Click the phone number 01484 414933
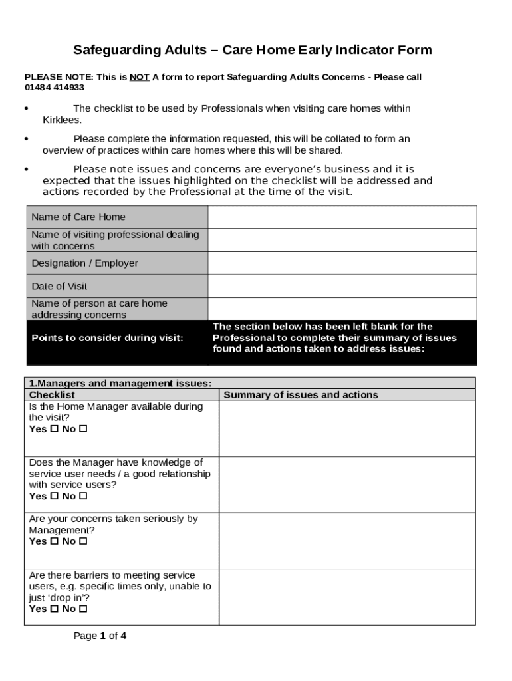(x=55, y=88)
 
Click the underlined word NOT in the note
(x=139, y=77)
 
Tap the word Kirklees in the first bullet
(x=62, y=120)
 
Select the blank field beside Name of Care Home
(x=342, y=217)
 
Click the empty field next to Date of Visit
(x=342, y=286)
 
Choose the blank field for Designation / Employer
(x=342, y=263)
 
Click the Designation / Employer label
(x=84, y=263)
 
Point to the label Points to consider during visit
(x=107, y=338)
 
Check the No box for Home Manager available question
(x=83, y=429)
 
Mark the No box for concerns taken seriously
(x=83, y=541)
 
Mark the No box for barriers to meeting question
(x=83, y=609)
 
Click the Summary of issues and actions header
(x=301, y=395)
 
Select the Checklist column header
(x=52, y=395)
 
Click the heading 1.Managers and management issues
(x=120, y=383)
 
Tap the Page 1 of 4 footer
(x=100, y=636)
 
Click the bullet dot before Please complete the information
(x=26, y=139)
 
